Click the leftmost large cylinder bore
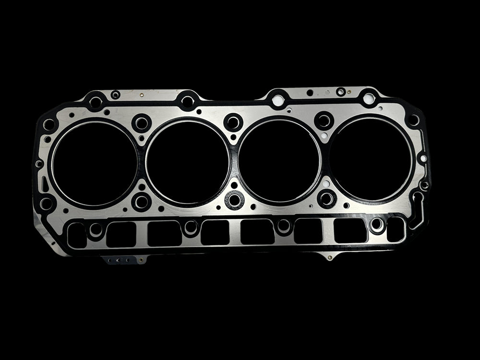[95, 164]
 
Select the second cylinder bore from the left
[187, 161]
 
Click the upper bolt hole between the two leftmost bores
[141, 123]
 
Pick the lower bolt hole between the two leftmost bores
[141, 202]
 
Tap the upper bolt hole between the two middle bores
[233, 122]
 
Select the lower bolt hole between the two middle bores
[234, 200]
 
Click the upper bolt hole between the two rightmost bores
[324, 120]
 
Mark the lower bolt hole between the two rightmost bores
[327, 198]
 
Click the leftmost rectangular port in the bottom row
[77, 235]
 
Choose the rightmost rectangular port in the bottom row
[396, 229]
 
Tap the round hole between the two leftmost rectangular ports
[96, 230]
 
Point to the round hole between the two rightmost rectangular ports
[377, 224]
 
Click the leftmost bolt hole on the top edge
[96, 102]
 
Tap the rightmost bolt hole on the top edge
[369, 99]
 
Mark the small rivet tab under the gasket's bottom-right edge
[329, 257]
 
